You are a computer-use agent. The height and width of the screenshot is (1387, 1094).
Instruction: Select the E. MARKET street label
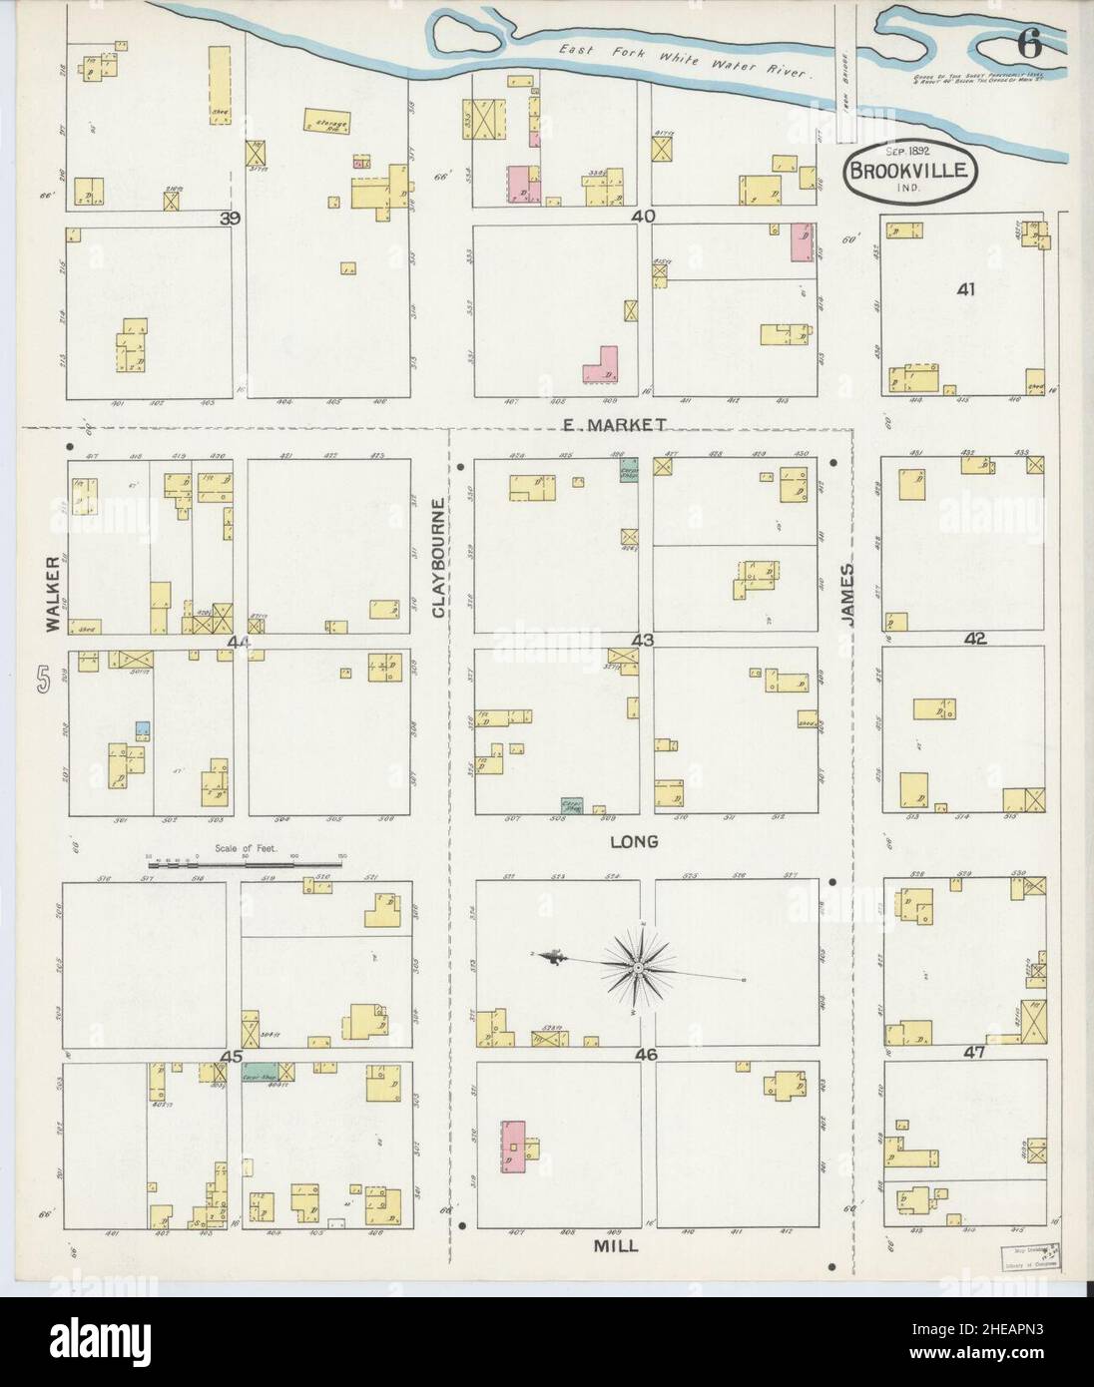613,425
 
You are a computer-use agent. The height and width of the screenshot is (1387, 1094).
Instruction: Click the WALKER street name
51,601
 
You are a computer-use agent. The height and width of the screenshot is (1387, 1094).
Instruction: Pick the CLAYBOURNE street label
438,558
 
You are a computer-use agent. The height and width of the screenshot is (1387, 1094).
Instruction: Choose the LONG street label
634,841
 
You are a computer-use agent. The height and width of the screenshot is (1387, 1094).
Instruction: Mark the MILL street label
616,1245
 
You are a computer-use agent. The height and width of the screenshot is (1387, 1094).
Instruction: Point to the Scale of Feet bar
244,864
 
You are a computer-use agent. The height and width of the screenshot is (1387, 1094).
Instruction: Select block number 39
232,218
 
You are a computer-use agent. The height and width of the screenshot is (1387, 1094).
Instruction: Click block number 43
642,640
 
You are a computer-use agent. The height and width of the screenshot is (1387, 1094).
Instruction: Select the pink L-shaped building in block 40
602,365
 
